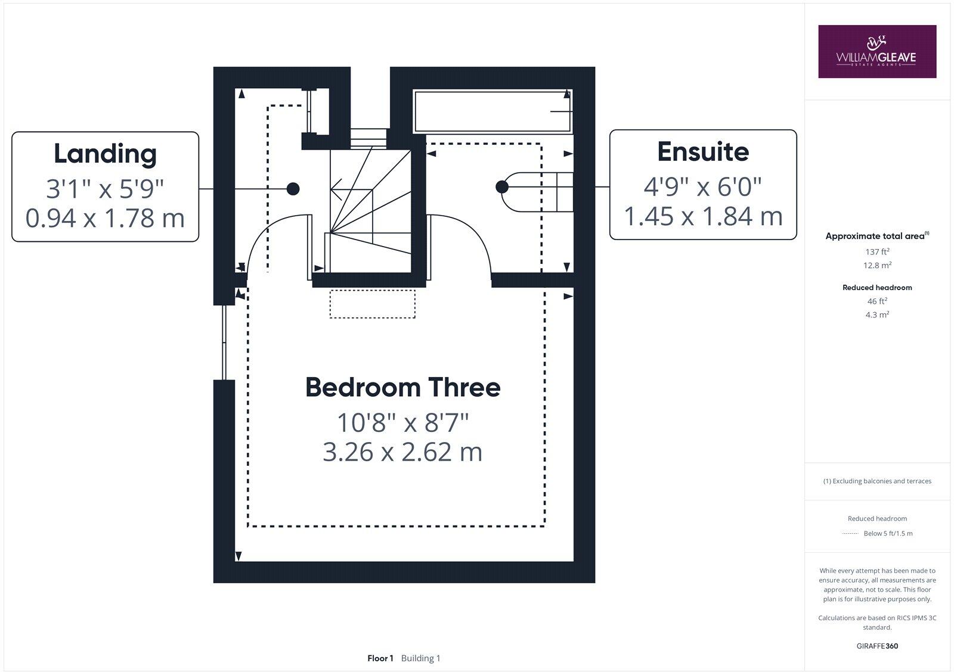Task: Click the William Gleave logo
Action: tap(876, 51)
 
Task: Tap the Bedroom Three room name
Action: tap(402, 387)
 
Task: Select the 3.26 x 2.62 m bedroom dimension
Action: tap(402, 452)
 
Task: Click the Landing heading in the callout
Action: tap(105, 154)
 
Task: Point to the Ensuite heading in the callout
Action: tap(702, 152)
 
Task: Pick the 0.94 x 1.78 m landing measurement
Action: tap(105, 218)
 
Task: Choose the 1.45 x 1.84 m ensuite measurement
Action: tap(702, 216)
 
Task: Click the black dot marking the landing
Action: tap(293, 189)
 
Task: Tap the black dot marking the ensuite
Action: tap(502, 187)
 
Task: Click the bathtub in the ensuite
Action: tap(493, 111)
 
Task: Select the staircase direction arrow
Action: tap(337, 191)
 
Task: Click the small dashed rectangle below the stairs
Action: tap(373, 304)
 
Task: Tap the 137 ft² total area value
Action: tap(877, 252)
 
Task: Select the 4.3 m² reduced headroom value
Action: tap(877, 315)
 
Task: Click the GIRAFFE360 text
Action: tap(877, 646)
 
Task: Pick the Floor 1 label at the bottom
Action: tap(380, 658)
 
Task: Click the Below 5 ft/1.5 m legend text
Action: tap(888, 533)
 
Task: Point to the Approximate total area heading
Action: tap(875, 236)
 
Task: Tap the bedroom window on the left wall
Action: tap(224, 343)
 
